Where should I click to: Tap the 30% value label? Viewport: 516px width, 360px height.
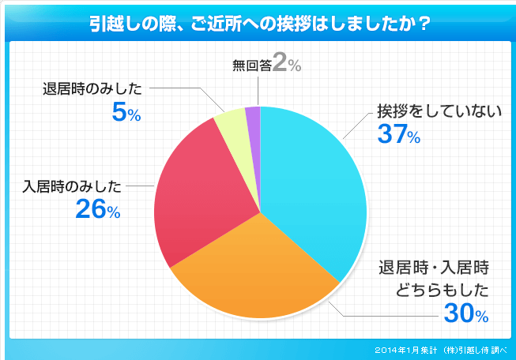coord(465,313)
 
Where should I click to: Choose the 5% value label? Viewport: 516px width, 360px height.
coord(126,113)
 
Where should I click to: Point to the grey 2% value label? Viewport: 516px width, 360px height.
coord(286,66)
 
